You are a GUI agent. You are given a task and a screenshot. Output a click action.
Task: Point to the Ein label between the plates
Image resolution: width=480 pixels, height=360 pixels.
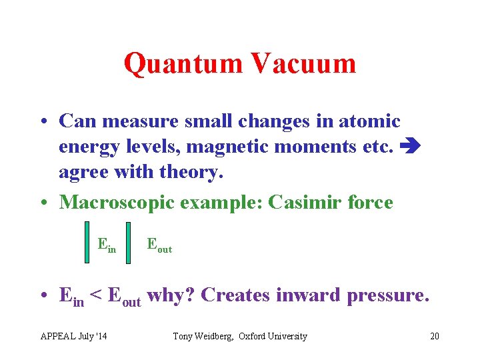(x=107, y=245)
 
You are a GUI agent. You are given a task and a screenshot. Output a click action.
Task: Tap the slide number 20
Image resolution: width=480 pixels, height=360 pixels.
(x=435, y=336)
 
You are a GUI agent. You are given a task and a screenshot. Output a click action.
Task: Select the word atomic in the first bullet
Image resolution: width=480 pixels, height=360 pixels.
(x=366, y=121)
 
